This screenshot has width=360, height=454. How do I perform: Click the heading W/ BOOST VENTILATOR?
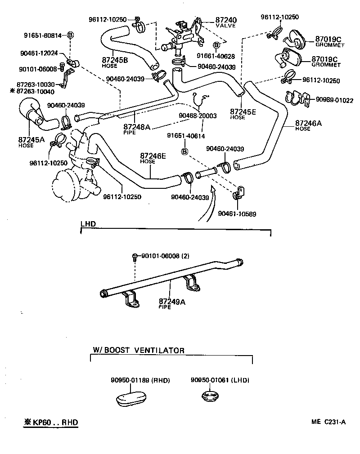(x=139, y=350)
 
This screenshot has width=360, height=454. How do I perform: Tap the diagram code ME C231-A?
(x=328, y=422)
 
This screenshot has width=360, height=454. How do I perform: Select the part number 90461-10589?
(x=237, y=214)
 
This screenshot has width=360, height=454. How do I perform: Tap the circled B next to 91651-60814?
(x=71, y=35)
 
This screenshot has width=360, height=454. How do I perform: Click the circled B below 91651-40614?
(x=184, y=152)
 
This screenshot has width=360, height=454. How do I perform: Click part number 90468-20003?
(x=198, y=116)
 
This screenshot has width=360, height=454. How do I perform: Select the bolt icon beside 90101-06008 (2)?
(x=135, y=257)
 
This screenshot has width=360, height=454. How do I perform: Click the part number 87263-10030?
(x=36, y=85)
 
